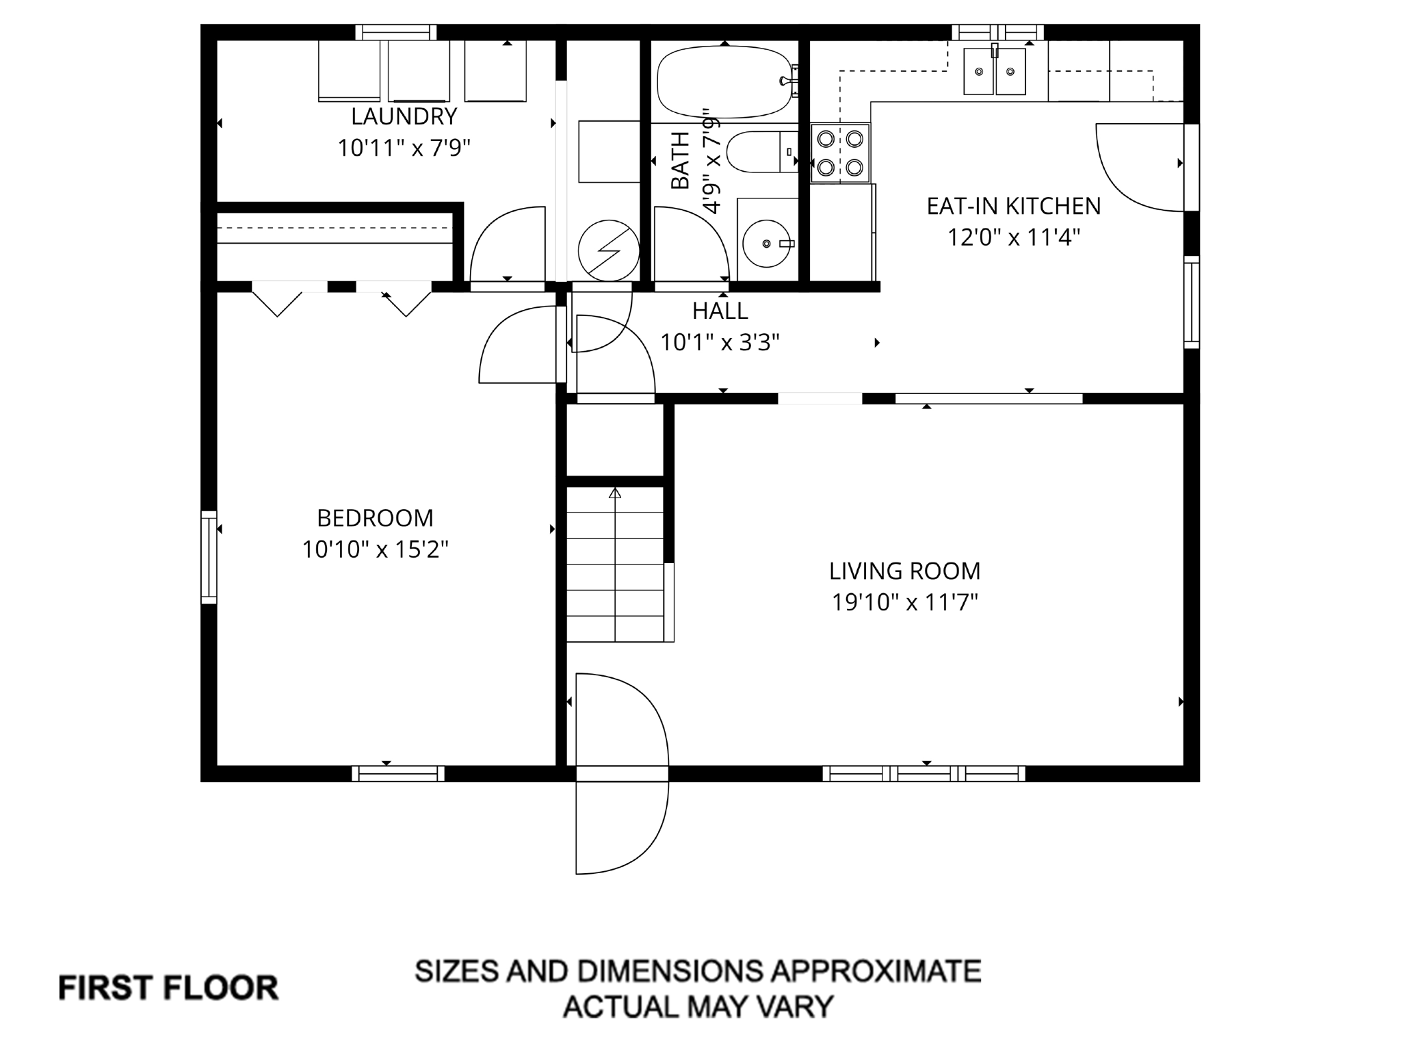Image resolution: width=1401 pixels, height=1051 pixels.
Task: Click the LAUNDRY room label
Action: [x=404, y=116]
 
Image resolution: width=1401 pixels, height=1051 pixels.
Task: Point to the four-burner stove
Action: [x=840, y=153]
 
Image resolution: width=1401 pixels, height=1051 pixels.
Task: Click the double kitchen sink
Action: [x=995, y=71]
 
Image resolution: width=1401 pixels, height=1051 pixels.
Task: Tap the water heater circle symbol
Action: [x=609, y=250]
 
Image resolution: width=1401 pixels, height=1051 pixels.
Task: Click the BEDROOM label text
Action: [x=375, y=518]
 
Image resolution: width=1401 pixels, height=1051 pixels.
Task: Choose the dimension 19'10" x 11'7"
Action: [x=904, y=602]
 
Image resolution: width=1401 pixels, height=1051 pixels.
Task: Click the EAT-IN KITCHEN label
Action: [x=1014, y=206]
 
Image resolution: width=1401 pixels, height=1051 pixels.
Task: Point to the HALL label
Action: [x=720, y=311]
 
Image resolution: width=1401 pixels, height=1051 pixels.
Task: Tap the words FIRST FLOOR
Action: [x=168, y=988]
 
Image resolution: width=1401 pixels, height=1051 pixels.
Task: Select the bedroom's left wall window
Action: [x=209, y=557]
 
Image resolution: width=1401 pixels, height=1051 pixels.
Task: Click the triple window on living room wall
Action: [x=924, y=773]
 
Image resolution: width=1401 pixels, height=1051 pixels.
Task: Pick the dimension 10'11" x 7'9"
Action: [x=404, y=147]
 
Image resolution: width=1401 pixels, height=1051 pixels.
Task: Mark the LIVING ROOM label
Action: [x=904, y=571]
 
